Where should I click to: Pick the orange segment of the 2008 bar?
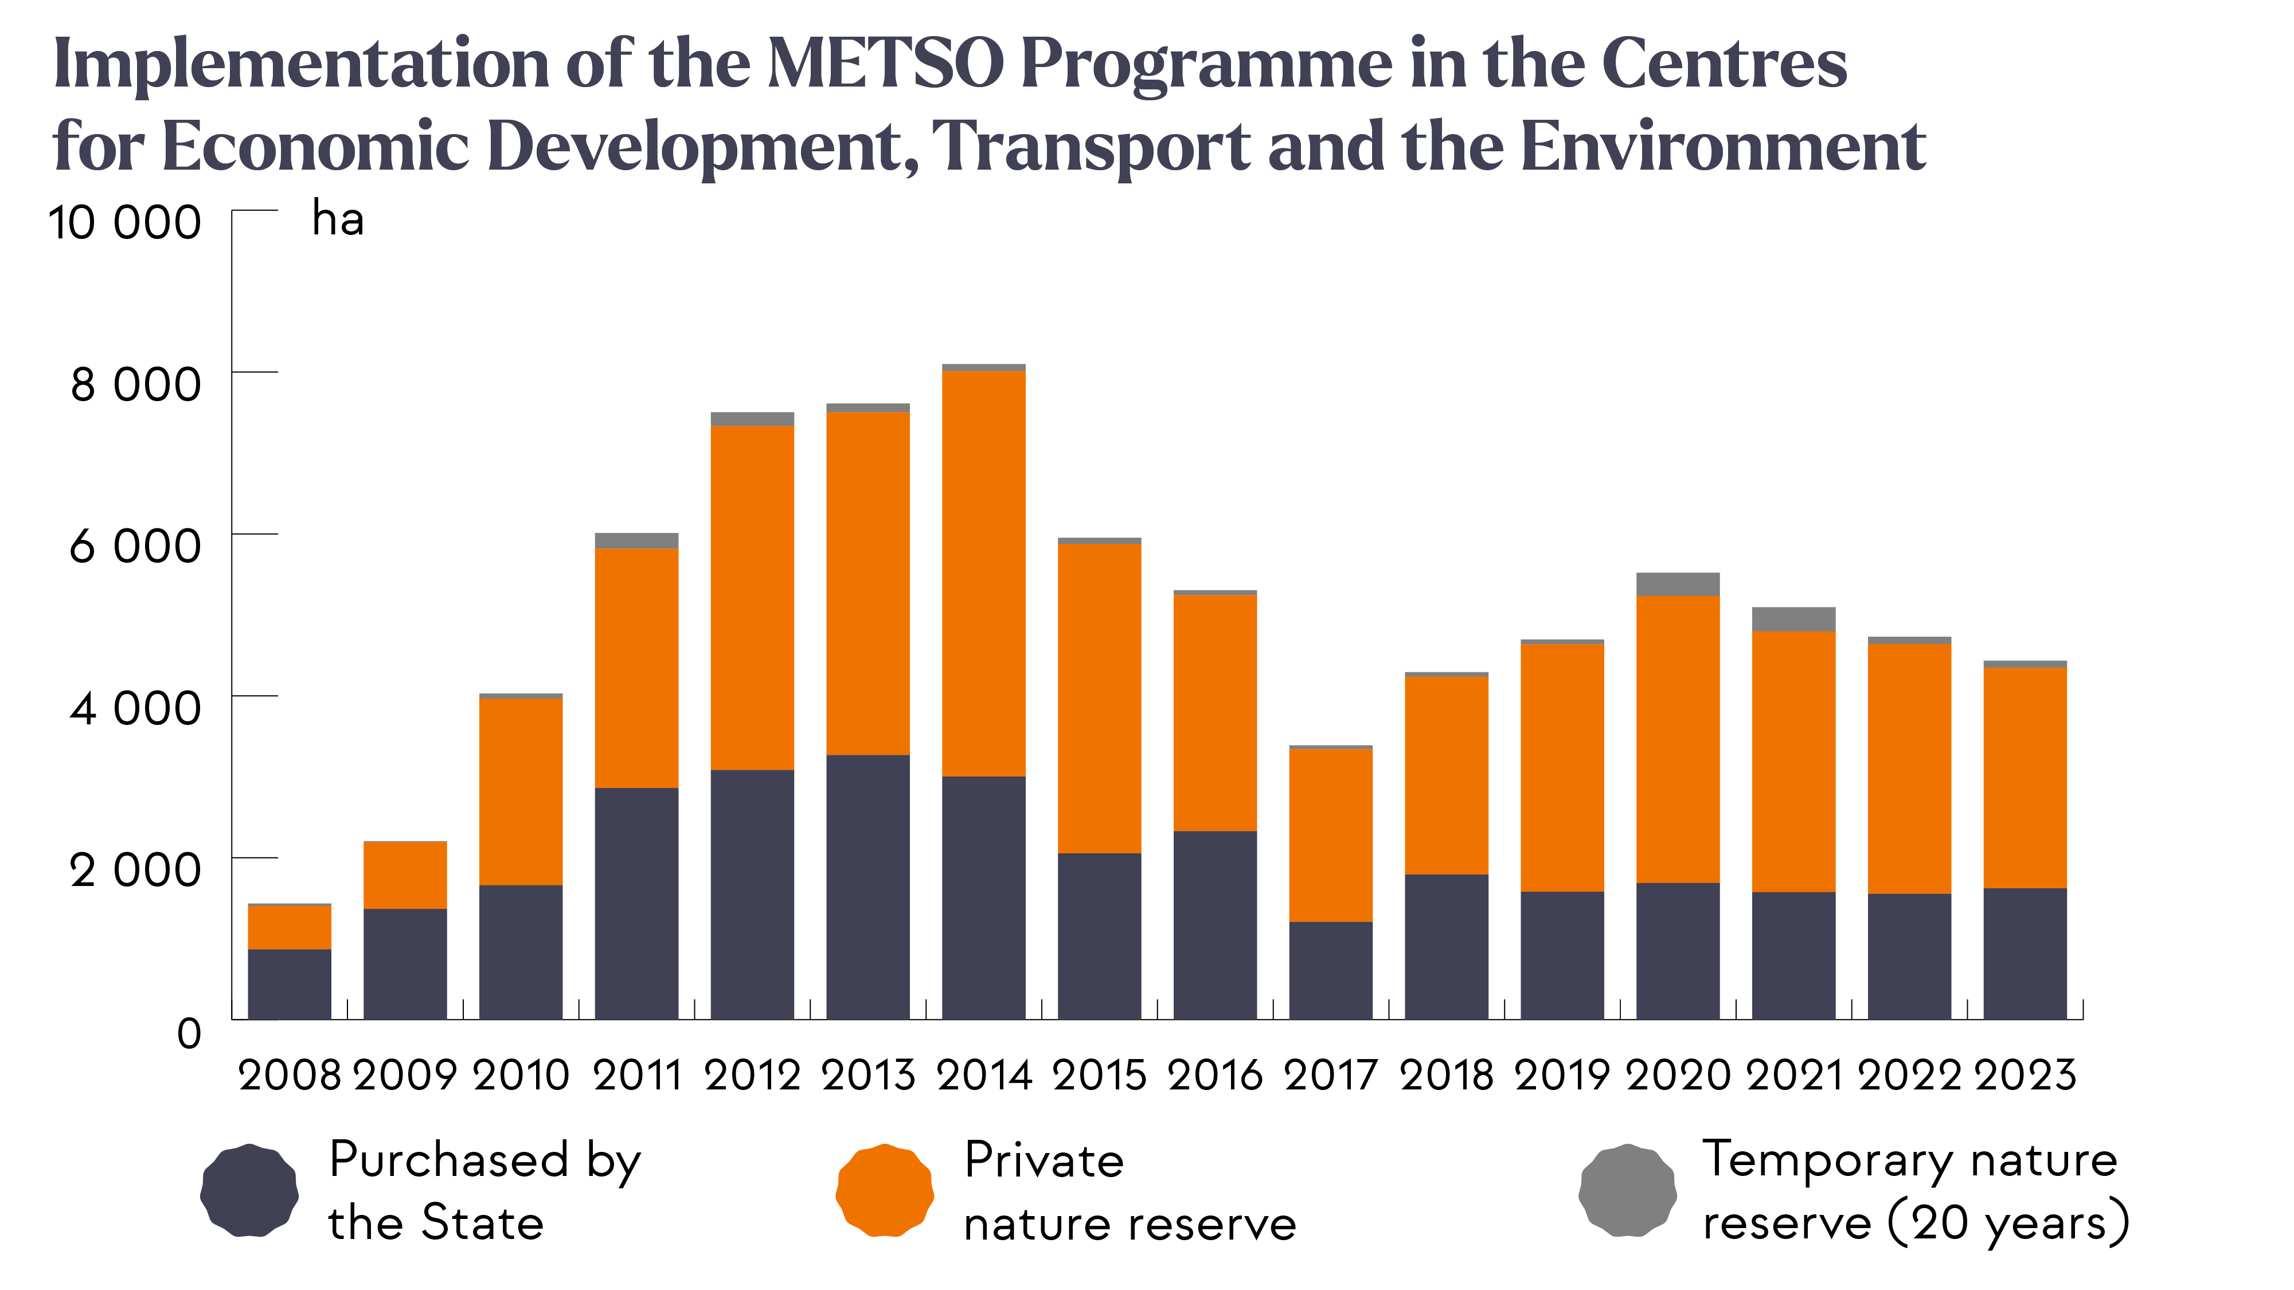pos(290,927)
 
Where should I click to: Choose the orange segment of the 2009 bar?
pos(405,875)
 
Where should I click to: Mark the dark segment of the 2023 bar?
pos(2025,954)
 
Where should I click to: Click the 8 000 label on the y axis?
pos(135,385)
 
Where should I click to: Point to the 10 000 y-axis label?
pos(124,222)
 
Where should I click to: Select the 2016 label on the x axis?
pos(1215,1076)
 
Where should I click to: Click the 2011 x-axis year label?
pos(637,1076)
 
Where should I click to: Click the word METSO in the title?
pos(885,64)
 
